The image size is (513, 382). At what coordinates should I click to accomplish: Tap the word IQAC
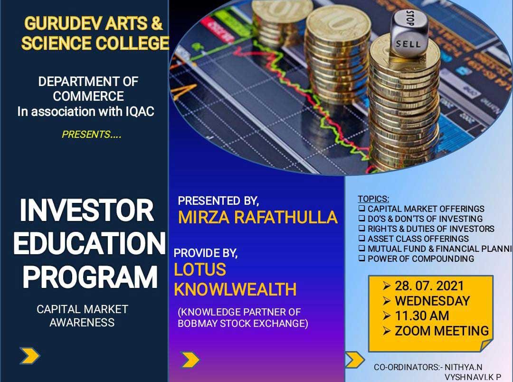coord(140,112)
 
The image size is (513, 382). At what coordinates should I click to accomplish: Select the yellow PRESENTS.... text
coord(92,134)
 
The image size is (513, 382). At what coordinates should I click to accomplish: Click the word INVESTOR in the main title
coord(87,210)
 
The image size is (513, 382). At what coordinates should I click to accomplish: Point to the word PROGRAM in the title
coord(90,277)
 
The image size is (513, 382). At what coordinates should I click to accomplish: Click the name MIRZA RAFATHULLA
coord(257,218)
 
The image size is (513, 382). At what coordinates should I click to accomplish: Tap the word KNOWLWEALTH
coord(235,289)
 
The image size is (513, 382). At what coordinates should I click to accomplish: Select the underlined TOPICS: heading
coord(374,199)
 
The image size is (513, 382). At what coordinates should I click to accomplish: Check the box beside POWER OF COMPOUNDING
coord(361,258)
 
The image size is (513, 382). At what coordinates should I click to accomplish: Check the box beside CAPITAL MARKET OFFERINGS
coord(361,209)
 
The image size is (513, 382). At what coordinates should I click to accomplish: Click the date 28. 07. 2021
coord(429,286)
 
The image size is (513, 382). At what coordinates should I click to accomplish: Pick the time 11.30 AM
coord(422,316)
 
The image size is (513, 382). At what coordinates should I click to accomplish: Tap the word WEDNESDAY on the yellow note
coord(433,301)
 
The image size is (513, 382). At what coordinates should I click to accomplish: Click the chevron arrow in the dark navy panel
coord(30,356)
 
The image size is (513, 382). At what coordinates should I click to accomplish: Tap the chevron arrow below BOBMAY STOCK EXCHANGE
coord(190,360)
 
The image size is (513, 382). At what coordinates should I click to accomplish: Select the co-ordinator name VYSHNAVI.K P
coord(473,377)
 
